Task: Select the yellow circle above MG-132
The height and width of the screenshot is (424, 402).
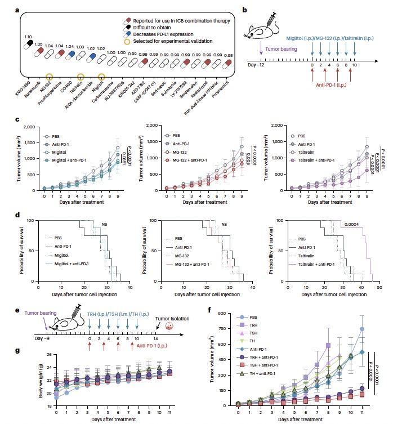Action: coord(49,75)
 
